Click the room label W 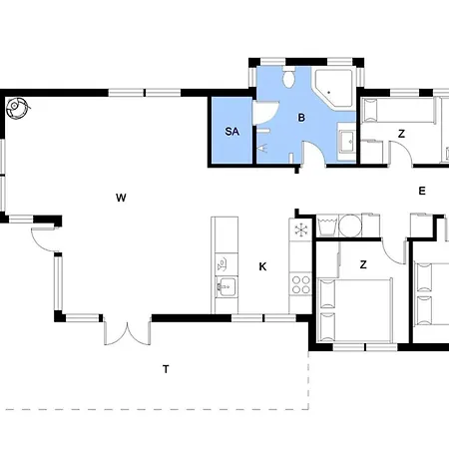pos(121,198)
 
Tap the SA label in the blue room pos(232,132)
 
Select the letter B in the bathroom pos(301,118)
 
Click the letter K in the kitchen pos(262,266)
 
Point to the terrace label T pos(166,369)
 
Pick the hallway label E pos(422,191)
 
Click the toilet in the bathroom pos(288,77)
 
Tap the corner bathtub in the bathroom pos(333,88)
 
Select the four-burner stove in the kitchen pos(300,284)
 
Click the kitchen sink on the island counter pos(226,286)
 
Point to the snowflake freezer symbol pos(300,229)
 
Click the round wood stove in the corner pos(17,107)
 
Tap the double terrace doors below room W pos(128,332)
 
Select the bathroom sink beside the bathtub pos(347,142)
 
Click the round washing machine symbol pos(350,225)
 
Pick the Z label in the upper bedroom pos(401,134)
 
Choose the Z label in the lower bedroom pos(363,264)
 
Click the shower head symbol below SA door pos(262,148)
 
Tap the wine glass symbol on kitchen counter pos(222,264)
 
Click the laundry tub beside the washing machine pos(328,225)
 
